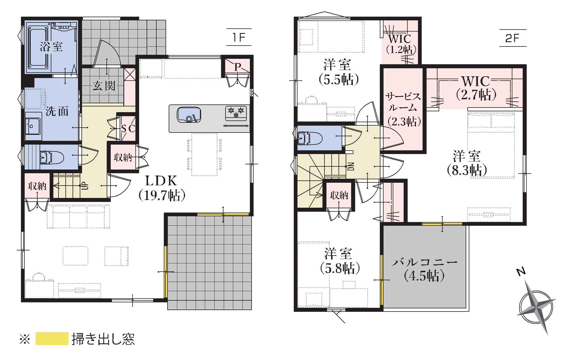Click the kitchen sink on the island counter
click(x=189, y=115)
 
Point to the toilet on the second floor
click(x=308, y=138)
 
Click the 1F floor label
click(x=239, y=37)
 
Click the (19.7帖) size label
click(x=162, y=195)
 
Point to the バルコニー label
click(x=425, y=262)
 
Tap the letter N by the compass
click(x=521, y=271)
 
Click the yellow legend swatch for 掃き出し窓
click(x=52, y=338)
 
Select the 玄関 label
click(x=104, y=85)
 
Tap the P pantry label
click(x=237, y=67)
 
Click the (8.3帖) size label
click(x=467, y=170)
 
